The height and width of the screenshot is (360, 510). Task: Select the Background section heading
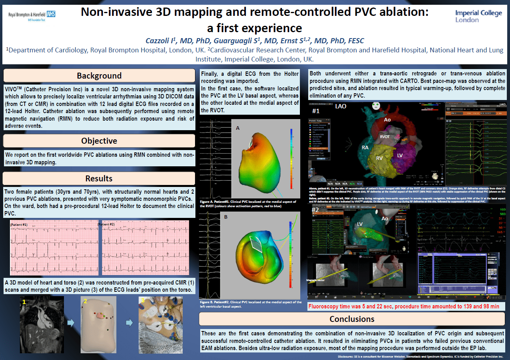click(99, 76)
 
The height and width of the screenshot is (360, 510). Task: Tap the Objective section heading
click(99, 141)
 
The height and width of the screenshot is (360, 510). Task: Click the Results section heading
click(99, 179)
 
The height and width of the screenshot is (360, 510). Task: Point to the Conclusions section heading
click(352, 319)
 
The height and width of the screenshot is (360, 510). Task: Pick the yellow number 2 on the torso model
click(85, 302)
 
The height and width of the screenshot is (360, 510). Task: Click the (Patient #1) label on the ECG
click(19, 225)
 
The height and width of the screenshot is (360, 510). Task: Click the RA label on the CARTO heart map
click(365, 148)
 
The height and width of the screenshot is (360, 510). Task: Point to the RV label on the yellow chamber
click(380, 158)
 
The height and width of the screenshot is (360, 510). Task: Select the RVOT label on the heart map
click(385, 137)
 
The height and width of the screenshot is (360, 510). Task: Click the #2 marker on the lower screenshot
click(315, 210)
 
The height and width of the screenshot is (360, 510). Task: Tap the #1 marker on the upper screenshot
click(316, 111)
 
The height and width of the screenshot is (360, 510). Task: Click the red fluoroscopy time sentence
click(406, 306)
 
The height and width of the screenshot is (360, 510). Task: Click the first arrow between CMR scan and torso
click(71, 323)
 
